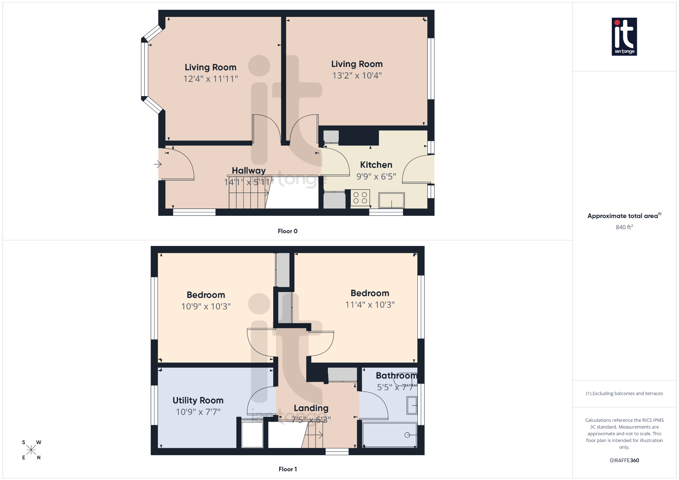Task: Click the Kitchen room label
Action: pos(376,165)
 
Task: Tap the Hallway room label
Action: pos(249,170)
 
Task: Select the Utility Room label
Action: pos(198,400)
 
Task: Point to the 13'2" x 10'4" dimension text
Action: pos(357,76)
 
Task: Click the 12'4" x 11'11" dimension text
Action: pos(211,79)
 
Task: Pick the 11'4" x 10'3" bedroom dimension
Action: pos(370,305)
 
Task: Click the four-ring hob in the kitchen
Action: pos(360,198)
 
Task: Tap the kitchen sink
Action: pos(392,200)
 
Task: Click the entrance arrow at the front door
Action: pos(157,164)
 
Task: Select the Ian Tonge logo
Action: pos(624,36)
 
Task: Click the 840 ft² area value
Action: pos(624,227)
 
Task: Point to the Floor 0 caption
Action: pos(287,231)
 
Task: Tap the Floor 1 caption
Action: pos(287,469)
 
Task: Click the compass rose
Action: pos(31,450)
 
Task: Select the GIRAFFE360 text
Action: pos(624,460)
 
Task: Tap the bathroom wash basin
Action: pos(412,405)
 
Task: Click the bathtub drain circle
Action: pos(407,435)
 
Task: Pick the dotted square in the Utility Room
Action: pos(252,435)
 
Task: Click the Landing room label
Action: pos(311,408)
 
